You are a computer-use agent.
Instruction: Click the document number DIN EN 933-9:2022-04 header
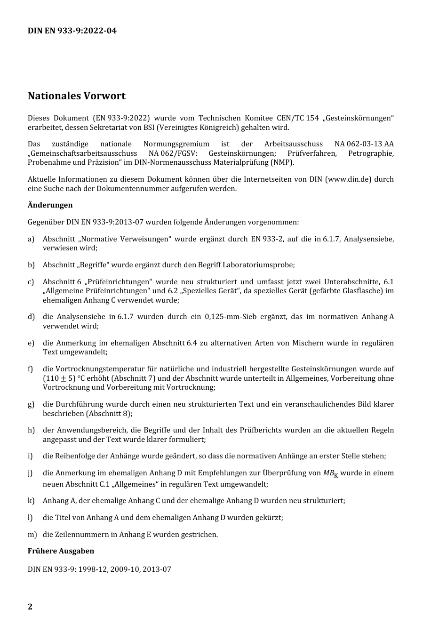click(72, 31)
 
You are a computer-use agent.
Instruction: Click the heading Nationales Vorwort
click(76, 96)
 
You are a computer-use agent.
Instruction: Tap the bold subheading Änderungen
click(50, 205)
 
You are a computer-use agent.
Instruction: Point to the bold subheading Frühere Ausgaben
click(61, 551)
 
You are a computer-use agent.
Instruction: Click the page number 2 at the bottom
click(30, 607)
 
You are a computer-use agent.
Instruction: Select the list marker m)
click(32, 535)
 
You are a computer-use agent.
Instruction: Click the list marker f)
click(31, 369)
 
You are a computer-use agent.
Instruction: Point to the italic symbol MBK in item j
click(330, 473)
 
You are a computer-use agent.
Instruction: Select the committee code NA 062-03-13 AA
click(364, 144)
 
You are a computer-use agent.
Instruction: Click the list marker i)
click(30, 456)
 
